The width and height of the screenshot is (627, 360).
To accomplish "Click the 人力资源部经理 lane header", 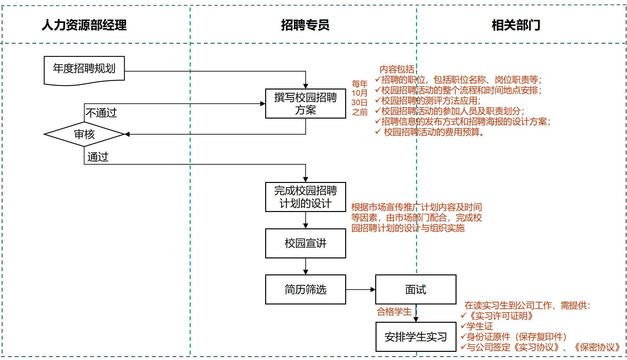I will [x=84, y=25].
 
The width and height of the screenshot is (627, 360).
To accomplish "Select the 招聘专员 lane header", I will [x=305, y=25].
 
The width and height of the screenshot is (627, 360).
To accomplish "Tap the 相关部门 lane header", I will [x=516, y=25].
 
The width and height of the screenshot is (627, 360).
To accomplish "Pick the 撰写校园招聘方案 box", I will [x=305, y=104].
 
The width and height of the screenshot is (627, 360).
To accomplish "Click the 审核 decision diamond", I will [x=84, y=134].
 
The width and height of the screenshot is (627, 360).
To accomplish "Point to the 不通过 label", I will [x=101, y=113].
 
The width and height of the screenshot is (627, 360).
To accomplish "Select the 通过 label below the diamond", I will [x=98, y=157].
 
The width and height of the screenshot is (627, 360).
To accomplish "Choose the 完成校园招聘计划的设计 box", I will [x=305, y=197].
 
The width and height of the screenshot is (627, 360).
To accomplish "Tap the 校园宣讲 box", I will [x=305, y=243].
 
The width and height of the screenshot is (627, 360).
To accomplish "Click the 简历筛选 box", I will [x=305, y=289].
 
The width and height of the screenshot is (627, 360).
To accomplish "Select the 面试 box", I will [x=415, y=289].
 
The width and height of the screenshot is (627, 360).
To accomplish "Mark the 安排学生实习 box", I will [x=415, y=337].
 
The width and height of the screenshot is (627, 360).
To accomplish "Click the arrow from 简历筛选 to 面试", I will [x=361, y=289].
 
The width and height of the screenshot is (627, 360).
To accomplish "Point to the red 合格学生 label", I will [x=394, y=312].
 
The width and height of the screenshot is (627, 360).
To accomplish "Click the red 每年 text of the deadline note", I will [x=360, y=84].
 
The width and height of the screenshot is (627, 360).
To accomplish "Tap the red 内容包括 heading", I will [x=397, y=69].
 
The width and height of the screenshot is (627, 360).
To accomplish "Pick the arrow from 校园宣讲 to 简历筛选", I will [x=305, y=266].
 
